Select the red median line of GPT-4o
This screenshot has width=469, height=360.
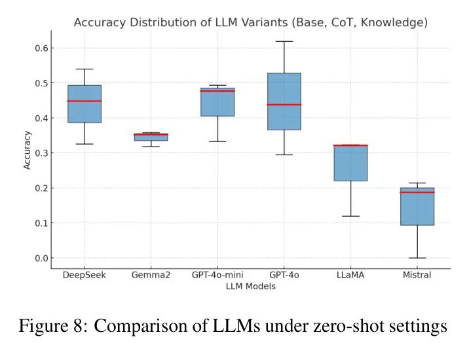(x=284, y=105)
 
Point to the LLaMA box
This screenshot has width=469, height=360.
(x=350, y=164)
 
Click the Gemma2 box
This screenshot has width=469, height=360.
(x=151, y=137)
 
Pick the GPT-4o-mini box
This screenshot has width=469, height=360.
(x=217, y=103)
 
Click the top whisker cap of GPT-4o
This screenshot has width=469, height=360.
(x=284, y=41)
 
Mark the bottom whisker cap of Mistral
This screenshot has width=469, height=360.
(x=417, y=258)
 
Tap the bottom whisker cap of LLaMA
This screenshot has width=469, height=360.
(x=350, y=216)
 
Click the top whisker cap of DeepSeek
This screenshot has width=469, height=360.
(x=84, y=69)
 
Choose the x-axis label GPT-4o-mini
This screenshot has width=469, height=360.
(x=217, y=276)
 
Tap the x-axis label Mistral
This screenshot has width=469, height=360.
(x=417, y=276)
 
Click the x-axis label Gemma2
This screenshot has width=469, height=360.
(x=151, y=276)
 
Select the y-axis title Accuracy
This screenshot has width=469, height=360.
(x=27, y=150)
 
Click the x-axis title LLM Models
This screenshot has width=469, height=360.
(x=250, y=286)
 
